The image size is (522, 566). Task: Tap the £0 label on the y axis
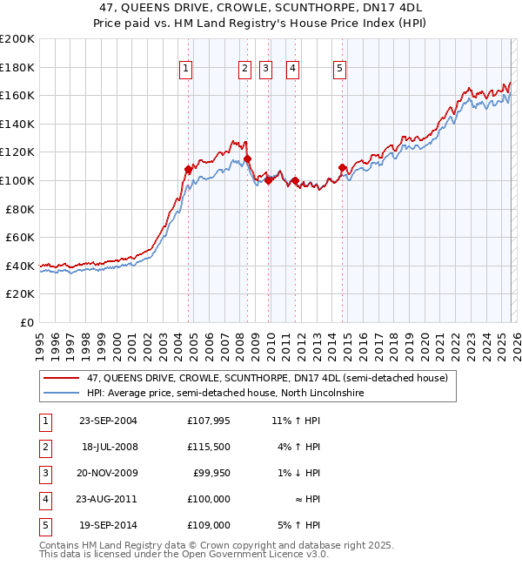(27, 322)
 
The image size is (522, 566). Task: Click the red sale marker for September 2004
(188, 170)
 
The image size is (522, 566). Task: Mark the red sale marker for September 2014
(342, 167)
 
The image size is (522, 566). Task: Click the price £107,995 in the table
(208, 421)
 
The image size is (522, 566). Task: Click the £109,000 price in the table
(208, 525)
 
